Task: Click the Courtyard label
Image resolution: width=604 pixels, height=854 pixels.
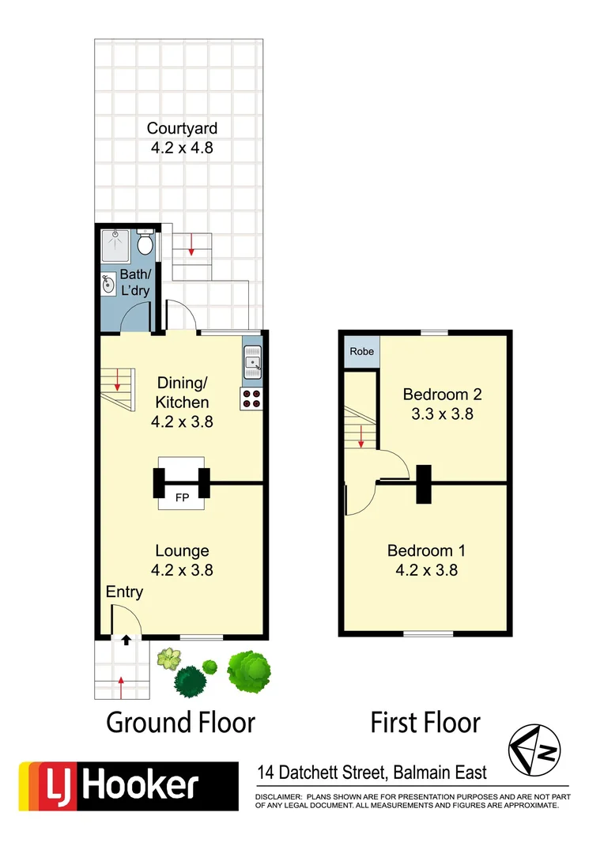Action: pyautogui.click(x=182, y=128)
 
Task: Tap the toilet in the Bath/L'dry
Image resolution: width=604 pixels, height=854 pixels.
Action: pyautogui.click(x=145, y=243)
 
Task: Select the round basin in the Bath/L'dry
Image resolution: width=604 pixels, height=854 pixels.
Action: pyautogui.click(x=108, y=283)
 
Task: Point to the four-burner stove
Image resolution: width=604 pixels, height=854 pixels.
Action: pyautogui.click(x=251, y=399)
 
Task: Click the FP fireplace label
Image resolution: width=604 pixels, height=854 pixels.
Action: pyautogui.click(x=182, y=499)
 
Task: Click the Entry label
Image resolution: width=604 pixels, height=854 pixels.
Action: pyautogui.click(x=125, y=592)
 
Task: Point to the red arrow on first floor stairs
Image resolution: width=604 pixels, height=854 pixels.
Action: pyautogui.click(x=361, y=436)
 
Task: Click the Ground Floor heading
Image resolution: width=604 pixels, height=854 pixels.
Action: pyautogui.click(x=181, y=722)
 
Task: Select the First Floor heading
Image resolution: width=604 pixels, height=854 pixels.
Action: pyautogui.click(x=426, y=722)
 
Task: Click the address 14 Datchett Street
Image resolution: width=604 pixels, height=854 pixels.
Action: pyautogui.click(x=332, y=773)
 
